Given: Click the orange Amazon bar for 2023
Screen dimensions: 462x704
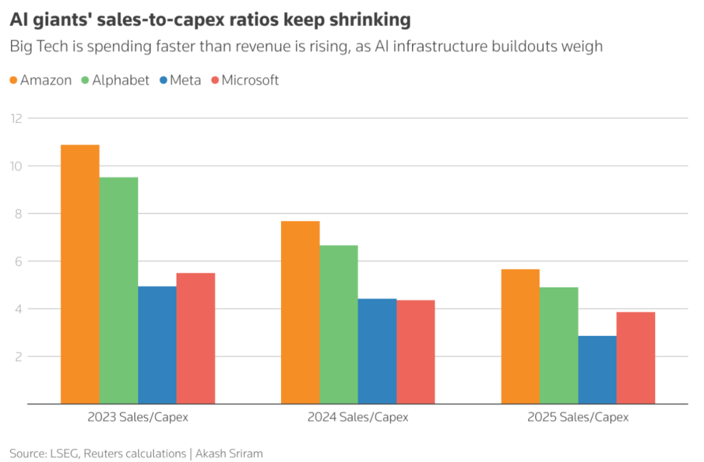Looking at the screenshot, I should coord(80,274).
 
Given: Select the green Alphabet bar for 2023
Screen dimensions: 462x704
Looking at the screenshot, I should coord(118,290).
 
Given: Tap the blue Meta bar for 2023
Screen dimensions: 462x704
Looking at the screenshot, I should coord(157,345).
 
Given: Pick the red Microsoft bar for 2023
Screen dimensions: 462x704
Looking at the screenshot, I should coord(196,338).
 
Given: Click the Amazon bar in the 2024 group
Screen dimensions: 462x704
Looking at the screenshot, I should coord(300,312).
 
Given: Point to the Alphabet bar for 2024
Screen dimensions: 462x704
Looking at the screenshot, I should coord(338,324).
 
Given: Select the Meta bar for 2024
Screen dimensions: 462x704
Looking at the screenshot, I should coord(377,351).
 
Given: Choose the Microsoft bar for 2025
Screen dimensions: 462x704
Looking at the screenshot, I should coord(636,358).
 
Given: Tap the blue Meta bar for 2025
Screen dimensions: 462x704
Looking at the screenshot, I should coord(597,370).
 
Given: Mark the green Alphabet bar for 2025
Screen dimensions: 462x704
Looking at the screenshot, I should coord(559,346).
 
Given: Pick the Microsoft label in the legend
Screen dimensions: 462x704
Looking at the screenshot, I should coord(250,81).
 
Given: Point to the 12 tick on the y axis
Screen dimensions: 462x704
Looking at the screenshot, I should coord(16,118).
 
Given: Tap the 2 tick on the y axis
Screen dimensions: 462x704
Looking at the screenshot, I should coord(18,357).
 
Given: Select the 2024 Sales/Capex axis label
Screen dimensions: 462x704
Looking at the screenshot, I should coord(358,417).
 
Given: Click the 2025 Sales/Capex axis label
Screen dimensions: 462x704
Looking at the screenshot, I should coord(578,417).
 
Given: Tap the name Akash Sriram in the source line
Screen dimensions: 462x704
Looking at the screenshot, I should coord(229,454).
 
